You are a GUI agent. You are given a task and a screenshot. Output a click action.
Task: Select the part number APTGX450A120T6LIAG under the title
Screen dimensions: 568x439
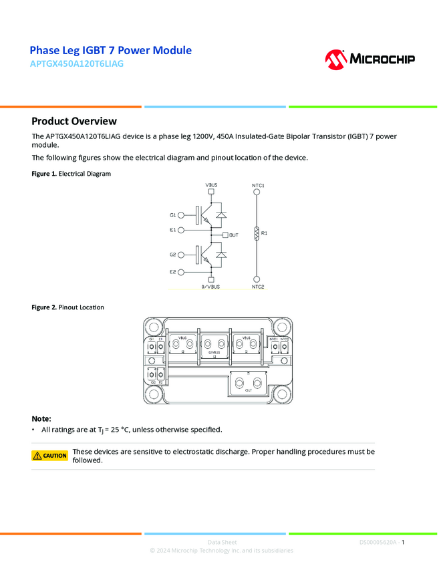pos(77,64)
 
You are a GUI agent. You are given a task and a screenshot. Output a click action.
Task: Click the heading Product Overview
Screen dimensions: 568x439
pos(74,121)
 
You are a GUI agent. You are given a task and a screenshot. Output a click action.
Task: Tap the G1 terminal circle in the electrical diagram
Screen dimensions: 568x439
pos(182,215)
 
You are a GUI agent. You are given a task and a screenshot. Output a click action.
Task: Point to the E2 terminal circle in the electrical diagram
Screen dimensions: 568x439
pos(182,272)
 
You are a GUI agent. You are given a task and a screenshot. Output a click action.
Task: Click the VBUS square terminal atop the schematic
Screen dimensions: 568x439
pos(211,192)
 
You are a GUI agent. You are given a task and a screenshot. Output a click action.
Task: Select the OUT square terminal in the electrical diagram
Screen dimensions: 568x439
pos(225,235)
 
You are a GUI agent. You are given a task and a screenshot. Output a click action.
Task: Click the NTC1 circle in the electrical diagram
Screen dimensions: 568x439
pos(257,192)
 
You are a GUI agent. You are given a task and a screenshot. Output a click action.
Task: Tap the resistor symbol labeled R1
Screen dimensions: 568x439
pos(257,233)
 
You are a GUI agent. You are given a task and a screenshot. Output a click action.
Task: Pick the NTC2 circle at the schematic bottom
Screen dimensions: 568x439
pos(257,279)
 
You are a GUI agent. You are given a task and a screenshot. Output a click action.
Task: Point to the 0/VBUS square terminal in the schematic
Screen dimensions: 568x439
pos(211,279)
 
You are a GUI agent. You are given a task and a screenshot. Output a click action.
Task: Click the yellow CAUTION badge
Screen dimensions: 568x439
pos(50,456)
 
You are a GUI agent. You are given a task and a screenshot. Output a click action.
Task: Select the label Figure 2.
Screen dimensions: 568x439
pos(44,307)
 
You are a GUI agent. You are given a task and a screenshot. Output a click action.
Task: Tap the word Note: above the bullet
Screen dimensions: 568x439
pos(41,418)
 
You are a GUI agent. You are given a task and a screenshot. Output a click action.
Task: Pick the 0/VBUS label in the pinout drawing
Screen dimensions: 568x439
pos(214,352)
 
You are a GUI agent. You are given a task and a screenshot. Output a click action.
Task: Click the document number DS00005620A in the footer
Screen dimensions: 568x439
pos(378,543)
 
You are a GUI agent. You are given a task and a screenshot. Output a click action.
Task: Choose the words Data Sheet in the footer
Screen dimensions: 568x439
pos(222,543)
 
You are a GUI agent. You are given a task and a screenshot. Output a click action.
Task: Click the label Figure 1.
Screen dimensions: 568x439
pos(44,174)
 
